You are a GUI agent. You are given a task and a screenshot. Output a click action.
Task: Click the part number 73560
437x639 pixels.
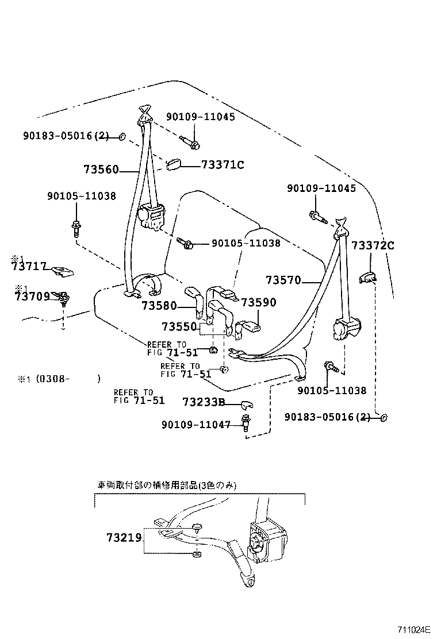click(x=101, y=170)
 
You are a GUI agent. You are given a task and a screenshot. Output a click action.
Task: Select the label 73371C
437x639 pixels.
click(x=223, y=165)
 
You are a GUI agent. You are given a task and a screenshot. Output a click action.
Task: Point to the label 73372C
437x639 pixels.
click(x=373, y=245)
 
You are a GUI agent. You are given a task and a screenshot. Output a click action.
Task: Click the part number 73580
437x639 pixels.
click(x=159, y=306)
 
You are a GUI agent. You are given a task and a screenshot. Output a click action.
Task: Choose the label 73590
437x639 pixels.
click(x=258, y=302)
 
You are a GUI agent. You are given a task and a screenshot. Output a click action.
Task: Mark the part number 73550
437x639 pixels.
click(x=179, y=326)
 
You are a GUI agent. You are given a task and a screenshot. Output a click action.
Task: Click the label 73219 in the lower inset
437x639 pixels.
click(x=124, y=538)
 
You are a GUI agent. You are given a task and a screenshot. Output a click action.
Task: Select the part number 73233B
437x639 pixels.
click(x=204, y=402)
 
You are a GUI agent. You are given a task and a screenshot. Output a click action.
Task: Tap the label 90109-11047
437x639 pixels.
click(x=195, y=425)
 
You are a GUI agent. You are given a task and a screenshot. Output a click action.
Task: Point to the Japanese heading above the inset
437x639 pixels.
click(x=166, y=485)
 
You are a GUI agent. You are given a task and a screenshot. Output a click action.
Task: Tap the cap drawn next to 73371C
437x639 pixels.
click(x=173, y=165)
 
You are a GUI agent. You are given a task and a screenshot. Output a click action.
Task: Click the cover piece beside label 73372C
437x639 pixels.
click(x=367, y=278)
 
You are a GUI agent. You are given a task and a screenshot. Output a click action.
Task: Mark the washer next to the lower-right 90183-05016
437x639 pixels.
click(x=383, y=417)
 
